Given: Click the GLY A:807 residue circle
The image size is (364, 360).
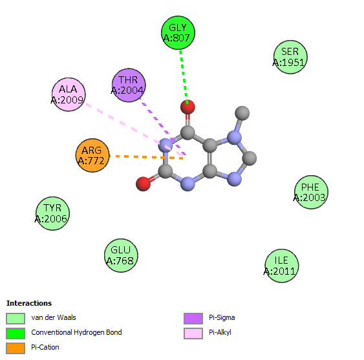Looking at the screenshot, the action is point(178,33).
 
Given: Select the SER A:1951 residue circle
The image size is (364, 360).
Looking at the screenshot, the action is point(290,57).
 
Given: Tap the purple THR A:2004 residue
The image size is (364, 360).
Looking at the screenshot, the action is point(129,85).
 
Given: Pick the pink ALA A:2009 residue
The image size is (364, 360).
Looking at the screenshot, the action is point(69,94).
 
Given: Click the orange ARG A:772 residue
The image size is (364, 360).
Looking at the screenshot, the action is point(92,155).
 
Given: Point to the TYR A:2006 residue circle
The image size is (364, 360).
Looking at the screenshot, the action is point(53,213).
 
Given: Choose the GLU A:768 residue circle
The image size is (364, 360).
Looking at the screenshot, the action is point(121,255).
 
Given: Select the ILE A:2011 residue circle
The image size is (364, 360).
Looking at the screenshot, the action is point(282,266).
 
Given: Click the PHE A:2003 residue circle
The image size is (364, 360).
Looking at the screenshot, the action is point(311,192).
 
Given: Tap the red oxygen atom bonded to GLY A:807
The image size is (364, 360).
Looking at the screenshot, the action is point(187,107).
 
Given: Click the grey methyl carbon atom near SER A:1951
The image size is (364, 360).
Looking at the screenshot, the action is point(242,113).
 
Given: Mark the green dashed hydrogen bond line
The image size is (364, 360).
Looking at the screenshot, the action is point(184,76).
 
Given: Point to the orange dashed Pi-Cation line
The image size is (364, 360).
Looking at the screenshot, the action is point(146,157).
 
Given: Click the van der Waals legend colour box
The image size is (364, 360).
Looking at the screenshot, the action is point(16,319).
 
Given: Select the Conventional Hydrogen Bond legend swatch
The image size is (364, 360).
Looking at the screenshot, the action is point(16,334).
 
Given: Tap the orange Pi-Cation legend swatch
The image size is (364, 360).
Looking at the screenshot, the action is point(16,348).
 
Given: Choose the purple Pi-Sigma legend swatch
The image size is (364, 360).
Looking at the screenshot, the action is point(193,319).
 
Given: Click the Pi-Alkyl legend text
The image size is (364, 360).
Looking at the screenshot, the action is point(220,332).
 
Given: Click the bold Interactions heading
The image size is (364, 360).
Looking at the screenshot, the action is point(29,303).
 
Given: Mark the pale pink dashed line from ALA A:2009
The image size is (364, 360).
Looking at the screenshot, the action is point(135,129).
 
